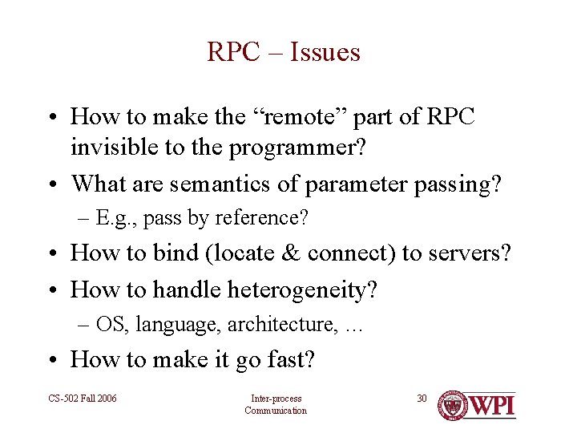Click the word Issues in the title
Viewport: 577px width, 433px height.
pos(325,53)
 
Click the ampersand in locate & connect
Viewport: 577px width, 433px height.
pos(289,253)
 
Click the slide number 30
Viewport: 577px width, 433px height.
pos(422,398)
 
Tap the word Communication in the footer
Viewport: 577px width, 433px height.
pos(276,411)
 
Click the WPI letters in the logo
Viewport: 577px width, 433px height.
pos(491,406)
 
